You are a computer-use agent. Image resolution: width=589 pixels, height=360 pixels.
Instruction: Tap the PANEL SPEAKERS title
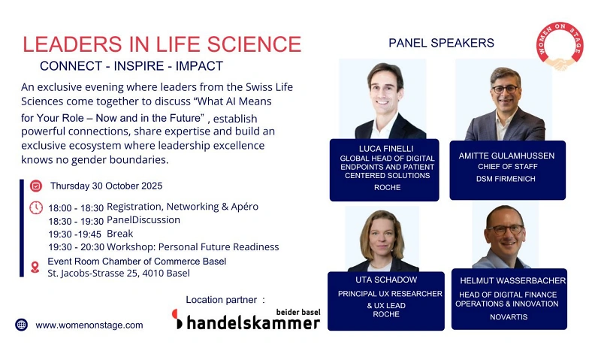pos(441,43)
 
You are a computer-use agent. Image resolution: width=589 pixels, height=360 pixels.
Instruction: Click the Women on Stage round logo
pos(560,47)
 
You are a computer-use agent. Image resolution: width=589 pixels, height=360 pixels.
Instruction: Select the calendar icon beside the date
pos(35,186)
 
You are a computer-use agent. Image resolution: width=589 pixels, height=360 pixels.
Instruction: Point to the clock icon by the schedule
pos(35,207)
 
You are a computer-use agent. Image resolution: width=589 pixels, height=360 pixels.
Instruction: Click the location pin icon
pos(35,267)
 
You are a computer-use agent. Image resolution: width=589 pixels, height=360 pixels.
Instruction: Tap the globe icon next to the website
pos(21,325)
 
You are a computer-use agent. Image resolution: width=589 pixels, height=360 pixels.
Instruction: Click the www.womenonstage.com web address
pos(89,325)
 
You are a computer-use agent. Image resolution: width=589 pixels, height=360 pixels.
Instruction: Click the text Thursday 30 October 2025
pos(106,186)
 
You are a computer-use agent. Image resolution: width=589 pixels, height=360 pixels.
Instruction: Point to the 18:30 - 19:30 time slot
pos(76,220)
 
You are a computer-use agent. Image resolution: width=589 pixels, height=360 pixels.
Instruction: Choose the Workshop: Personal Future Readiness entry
pos(192,247)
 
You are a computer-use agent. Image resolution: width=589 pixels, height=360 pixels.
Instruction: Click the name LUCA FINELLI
pos(383,148)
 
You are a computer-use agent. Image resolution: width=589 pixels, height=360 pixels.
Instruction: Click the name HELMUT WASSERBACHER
pos(512,280)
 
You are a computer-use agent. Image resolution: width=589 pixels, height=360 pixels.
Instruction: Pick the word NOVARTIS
pos(508,317)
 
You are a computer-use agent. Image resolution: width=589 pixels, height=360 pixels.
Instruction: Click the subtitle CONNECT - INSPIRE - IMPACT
pos(131,66)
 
